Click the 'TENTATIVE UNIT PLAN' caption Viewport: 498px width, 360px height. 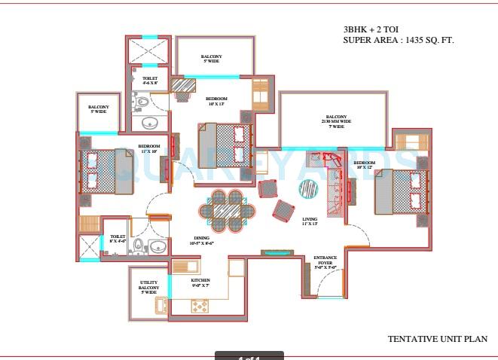pyautogui.click(x=437, y=340)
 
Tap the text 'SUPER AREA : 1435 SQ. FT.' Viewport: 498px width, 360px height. pyautogui.click(x=399, y=40)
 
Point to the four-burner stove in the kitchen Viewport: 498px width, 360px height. pyautogui.click(x=200, y=305)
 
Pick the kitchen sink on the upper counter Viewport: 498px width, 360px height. pyautogui.click(x=185, y=265)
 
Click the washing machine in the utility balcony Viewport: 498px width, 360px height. pyautogui.click(x=162, y=305)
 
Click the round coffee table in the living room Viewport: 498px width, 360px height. pyautogui.click(x=309, y=188)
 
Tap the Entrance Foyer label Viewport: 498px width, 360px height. pyautogui.click(x=325, y=262)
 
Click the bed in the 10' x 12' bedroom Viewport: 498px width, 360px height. pyautogui.click(x=400, y=191)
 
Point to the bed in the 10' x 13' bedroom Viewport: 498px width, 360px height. pyautogui.click(x=225, y=144)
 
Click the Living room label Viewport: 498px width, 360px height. pyautogui.click(x=310, y=221)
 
